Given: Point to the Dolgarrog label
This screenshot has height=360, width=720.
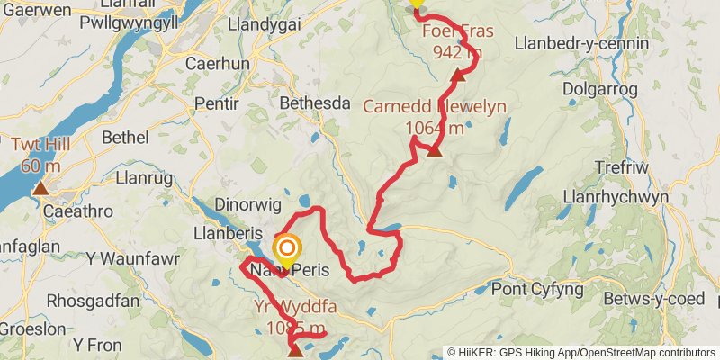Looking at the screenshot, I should click(x=599, y=89).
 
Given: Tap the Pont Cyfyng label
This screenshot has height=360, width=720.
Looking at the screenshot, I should click(x=538, y=291).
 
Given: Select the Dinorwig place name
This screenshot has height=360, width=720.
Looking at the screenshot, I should click(x=247, y=204).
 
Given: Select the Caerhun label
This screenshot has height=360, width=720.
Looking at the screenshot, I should click(x=209, y=64).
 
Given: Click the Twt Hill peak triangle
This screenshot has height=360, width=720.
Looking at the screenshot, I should click(x=40, y=189).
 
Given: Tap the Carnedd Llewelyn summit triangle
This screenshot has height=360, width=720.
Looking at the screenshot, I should click(x=435, y=151).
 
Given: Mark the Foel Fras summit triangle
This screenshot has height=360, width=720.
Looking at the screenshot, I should click(x=457, y=75).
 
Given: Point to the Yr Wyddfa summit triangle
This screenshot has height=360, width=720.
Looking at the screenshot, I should click(x=294, y=350).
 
